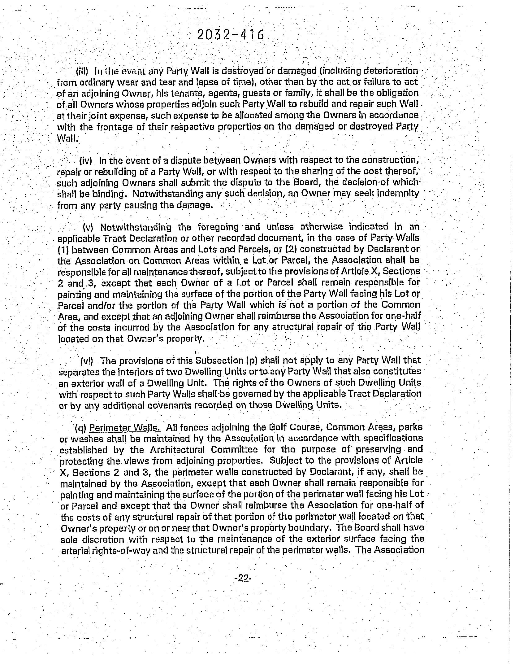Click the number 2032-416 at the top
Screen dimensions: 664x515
pyautogui.click(x=231, y=35)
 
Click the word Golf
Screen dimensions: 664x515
pyautogui.click(x=277, y=427)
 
